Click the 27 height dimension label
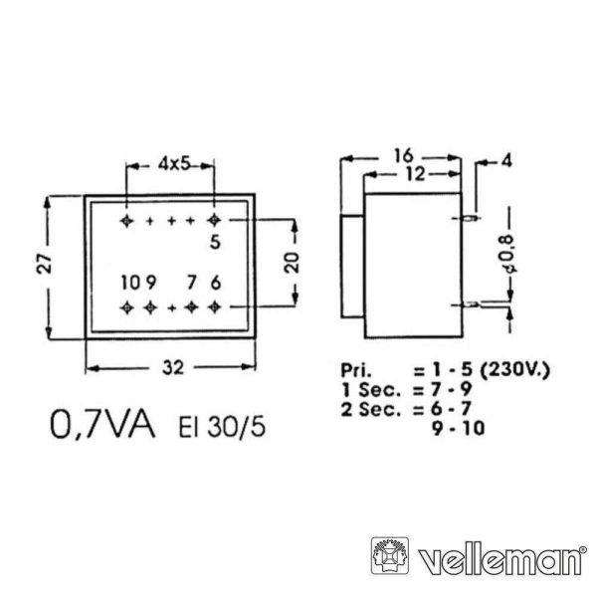(x=45, y=263)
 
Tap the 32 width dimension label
(x=173, y=368)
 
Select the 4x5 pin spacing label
(x=174, y=164)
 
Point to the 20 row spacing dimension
(x=293, y=263)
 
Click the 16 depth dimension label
(x=404, y=156)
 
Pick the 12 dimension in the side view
(x=415, y=174)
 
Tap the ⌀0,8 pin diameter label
(x=510, y=255)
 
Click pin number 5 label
(x=216, y=242)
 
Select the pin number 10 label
(x=131, y=283)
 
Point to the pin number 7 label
(x=192, y=283)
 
